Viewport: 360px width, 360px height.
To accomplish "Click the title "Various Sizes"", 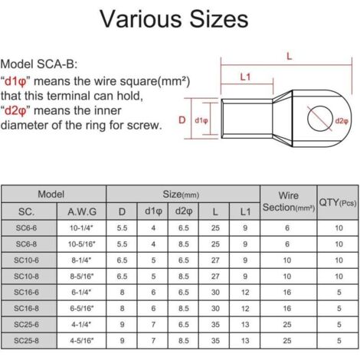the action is (174, 19).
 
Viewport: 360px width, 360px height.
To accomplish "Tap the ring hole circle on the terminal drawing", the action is (308, 119).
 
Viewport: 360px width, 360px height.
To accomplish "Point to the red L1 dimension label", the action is (245, 77).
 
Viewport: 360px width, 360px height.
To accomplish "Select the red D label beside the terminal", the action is (182, 119).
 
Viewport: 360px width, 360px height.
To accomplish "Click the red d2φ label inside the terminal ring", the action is (342, 121).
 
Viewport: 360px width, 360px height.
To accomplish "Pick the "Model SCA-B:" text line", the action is (39, 64).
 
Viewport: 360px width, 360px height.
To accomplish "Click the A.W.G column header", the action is (82, 211).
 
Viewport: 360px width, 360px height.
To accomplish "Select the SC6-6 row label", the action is (26, 227).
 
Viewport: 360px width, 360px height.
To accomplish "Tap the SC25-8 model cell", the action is (26, 341).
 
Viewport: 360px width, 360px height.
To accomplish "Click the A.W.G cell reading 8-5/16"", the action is (82, 277).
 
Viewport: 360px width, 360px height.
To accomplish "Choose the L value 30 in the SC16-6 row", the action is (215, 293).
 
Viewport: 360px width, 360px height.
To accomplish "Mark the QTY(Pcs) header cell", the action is (338, 203).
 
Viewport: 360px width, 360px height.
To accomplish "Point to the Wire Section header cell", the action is (289, 201).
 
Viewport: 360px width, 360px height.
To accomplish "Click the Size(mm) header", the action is (181, 195).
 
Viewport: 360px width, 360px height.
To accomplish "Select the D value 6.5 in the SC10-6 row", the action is (122, 260).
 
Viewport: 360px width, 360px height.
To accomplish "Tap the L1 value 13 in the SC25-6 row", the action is (245, 325).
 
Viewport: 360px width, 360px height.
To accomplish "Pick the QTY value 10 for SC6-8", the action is (339, 244).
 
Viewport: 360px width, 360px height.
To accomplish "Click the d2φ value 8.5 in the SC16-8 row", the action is (184, 309).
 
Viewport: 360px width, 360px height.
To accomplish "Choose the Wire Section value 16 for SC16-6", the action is (287, 293).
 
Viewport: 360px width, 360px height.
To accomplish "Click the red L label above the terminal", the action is (289, 56).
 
